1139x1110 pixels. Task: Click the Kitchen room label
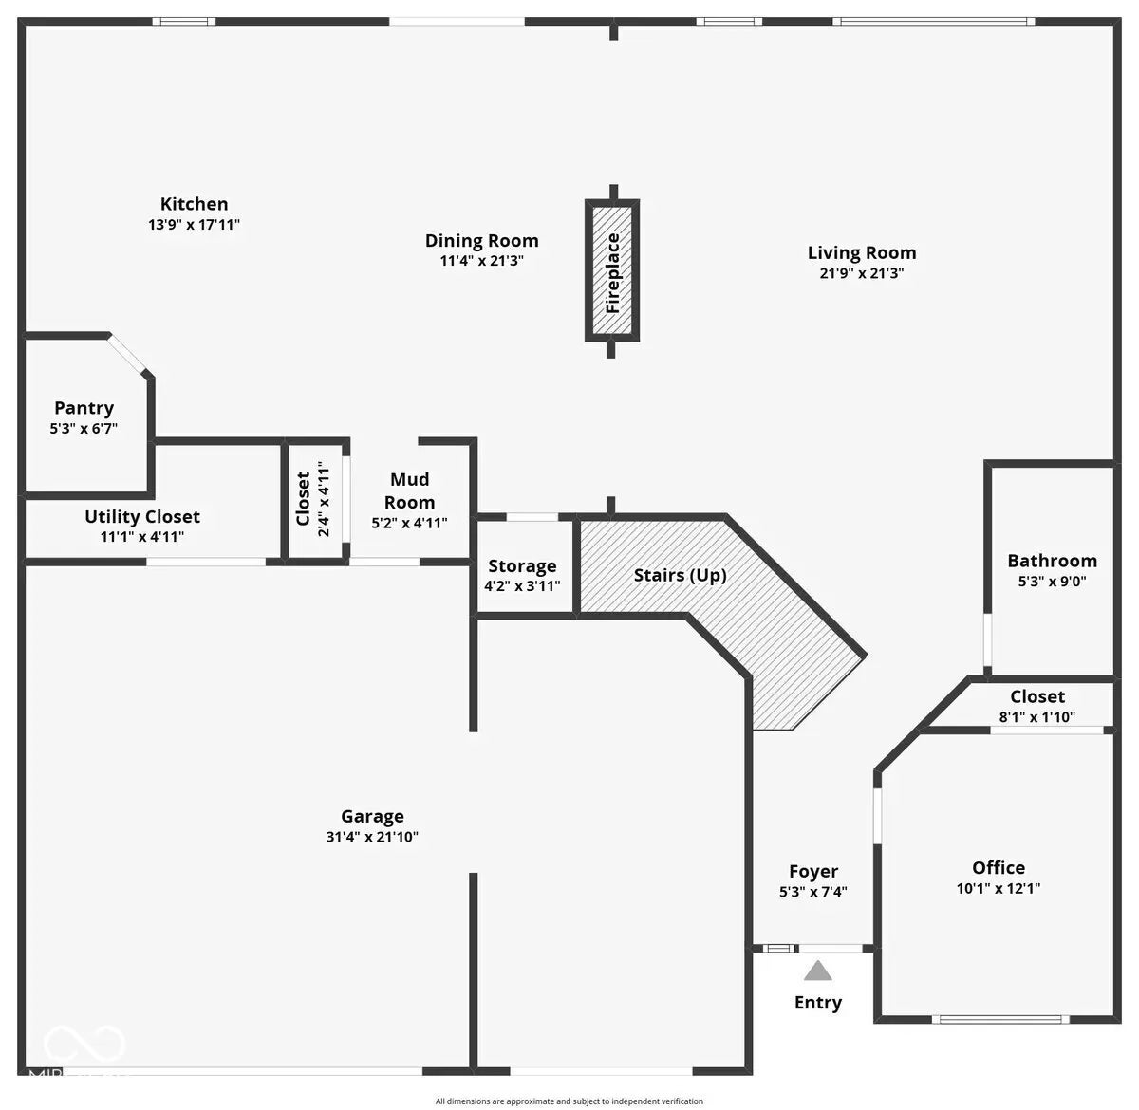(x=195, y=204)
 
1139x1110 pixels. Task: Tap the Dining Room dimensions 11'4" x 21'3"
(x=482, y=260)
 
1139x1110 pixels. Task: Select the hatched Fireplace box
(x=612, y=270)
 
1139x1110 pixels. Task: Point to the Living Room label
(x=862, y=252)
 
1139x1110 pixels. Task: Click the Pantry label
(x=84, y=408)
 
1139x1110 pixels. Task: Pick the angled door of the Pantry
(x=127, y=354)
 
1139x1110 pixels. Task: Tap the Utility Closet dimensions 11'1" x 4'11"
(x=142, y=537)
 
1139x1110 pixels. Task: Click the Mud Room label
(x=409, y=490)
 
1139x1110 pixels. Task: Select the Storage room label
(x=522, y=566)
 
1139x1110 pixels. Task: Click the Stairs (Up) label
(x=681, y=575)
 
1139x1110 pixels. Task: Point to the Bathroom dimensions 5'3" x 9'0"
(x=1052, y=581)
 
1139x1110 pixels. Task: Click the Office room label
(x=999, y=867)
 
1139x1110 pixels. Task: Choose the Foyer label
(x=813, y=871)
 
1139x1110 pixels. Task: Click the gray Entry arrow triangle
(x=817, y=971)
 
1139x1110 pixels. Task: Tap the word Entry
(x=817, y=1003)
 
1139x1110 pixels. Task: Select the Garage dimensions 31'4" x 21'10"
(x=372, y=837)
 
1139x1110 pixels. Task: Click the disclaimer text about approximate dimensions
(x=569, y=1101)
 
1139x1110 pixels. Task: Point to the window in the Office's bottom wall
(x=1000, y=1020)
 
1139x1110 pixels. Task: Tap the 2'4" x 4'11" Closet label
(x=311, y=499)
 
